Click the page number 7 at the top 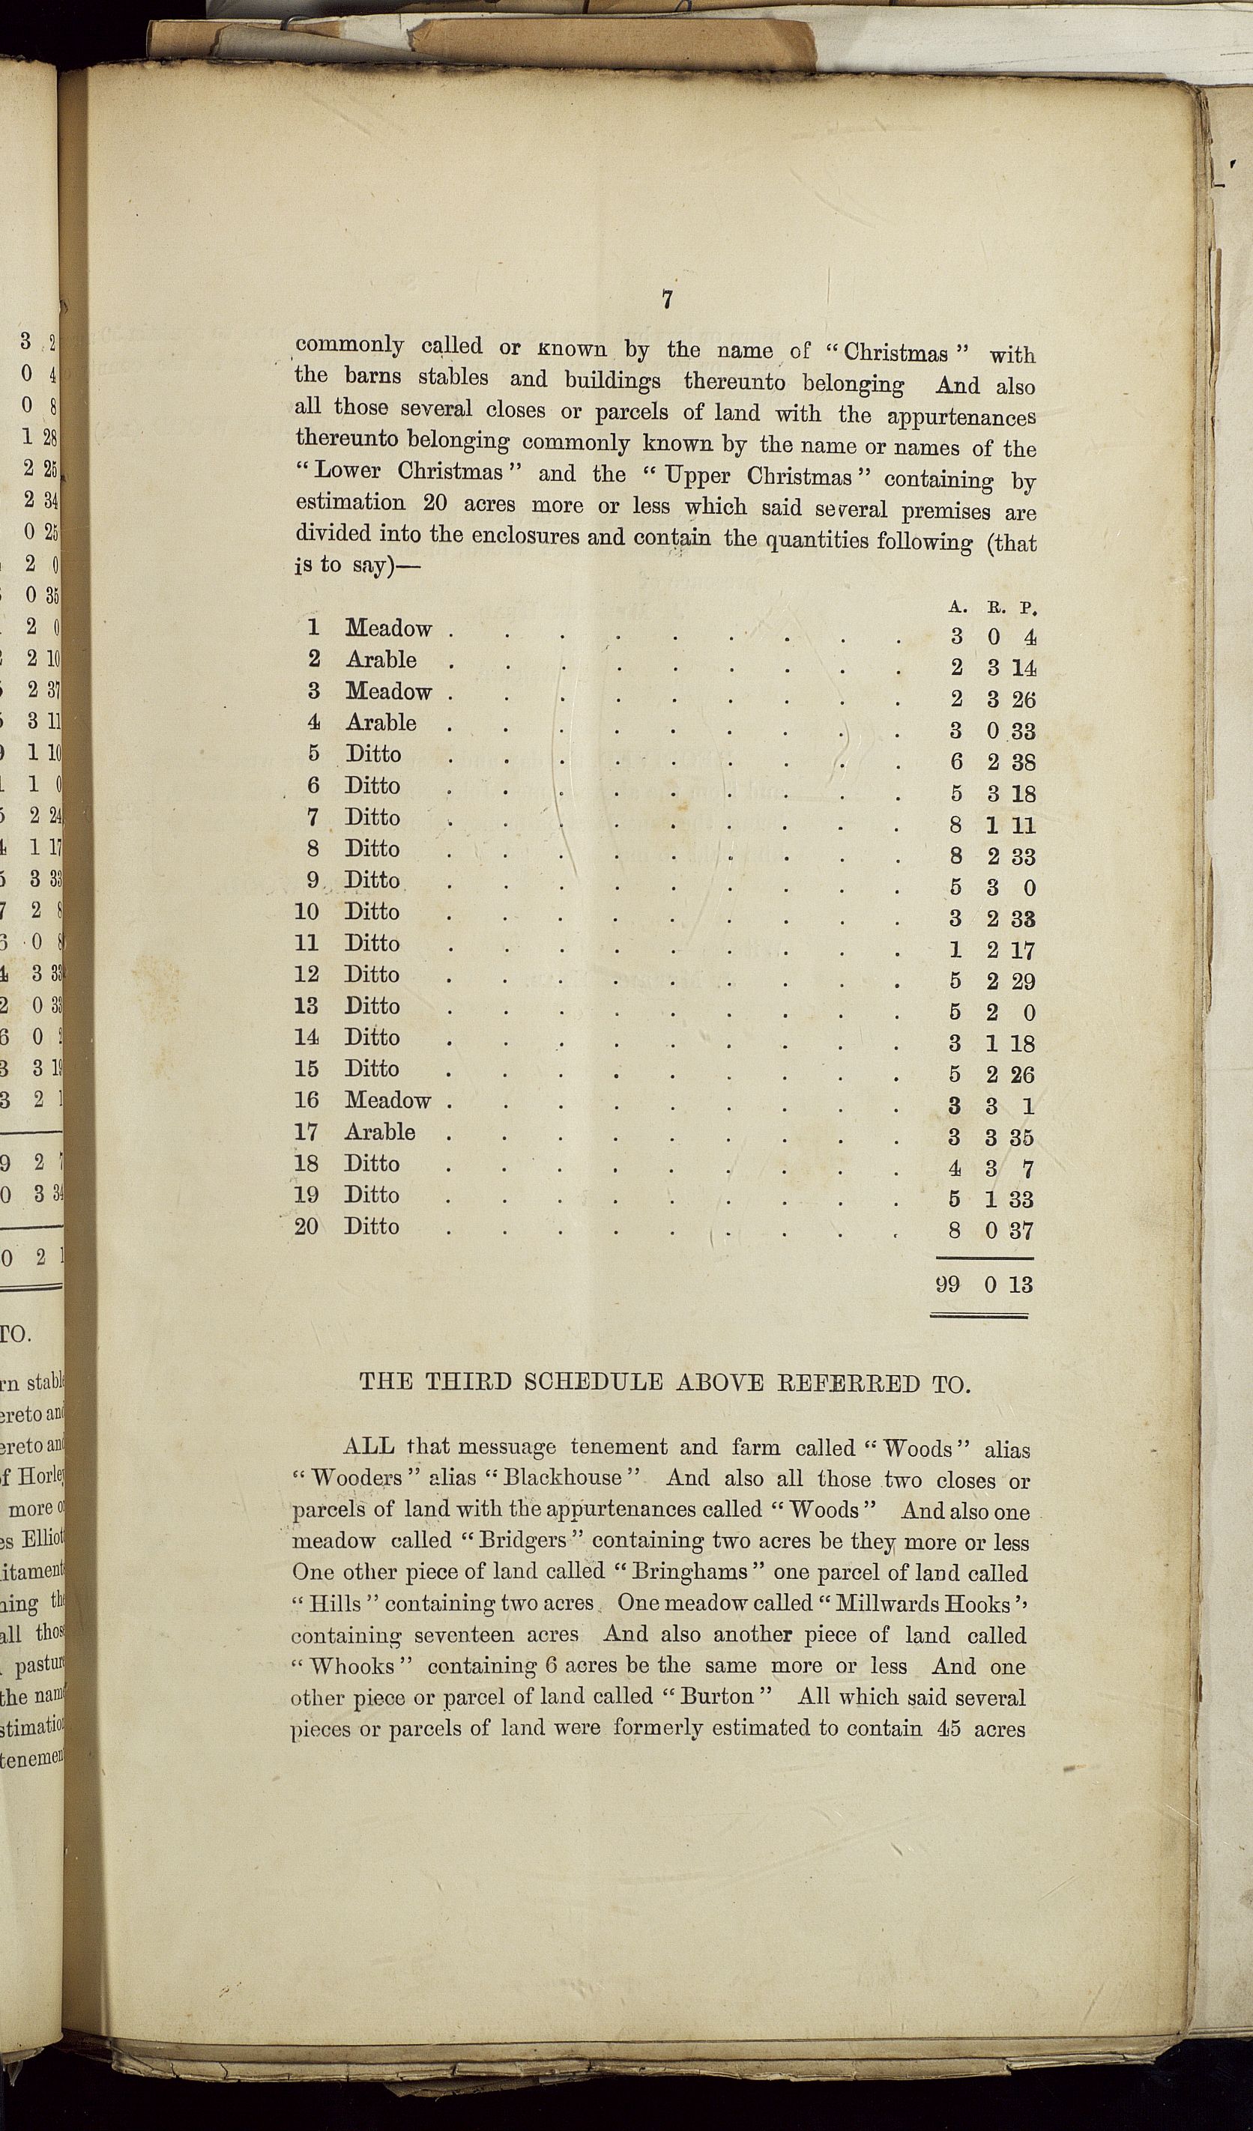[x=668, y=300]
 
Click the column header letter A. [x=957, y=607]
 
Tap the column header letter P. [x=1028, y=607]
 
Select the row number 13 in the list [x=307, y=1005]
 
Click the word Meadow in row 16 [x=387, y=1100]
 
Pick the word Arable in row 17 [x=380, y=1132]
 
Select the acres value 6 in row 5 [x=956, y=762]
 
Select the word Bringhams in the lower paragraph [x=691, y=1571]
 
